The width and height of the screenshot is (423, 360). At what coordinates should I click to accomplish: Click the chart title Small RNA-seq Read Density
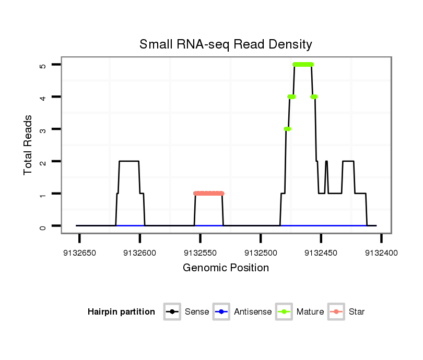[226, 44]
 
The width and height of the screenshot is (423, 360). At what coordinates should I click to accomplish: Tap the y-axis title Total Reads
[28, 145]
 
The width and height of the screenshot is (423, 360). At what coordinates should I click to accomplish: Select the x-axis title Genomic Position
[226, 268]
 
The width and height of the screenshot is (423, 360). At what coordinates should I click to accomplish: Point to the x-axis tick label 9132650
[79, 253]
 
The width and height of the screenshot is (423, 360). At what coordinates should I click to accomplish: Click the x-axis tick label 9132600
[140, 253]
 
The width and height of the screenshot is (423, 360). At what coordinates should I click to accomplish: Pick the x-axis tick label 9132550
[200, 253]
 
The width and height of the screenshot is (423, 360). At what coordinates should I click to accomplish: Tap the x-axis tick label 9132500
[261, 253]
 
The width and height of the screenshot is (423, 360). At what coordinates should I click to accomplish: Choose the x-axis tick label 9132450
[321, 253]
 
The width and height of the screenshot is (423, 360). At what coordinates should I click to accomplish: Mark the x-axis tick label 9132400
[381, 253]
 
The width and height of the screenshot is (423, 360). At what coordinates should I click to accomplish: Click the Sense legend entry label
[197, 312]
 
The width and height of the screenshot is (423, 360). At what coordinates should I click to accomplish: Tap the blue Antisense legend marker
[222, 312]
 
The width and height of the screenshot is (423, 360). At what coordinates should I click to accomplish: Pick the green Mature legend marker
[284, 312]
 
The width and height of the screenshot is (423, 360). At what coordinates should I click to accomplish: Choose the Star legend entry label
[357, 312]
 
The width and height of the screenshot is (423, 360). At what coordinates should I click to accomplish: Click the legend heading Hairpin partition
[121, 312]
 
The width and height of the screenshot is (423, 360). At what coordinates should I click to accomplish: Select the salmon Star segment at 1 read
[208, 194]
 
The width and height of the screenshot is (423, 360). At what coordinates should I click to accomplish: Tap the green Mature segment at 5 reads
[303, 64]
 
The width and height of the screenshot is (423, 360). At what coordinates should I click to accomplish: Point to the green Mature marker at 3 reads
[287, 129]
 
